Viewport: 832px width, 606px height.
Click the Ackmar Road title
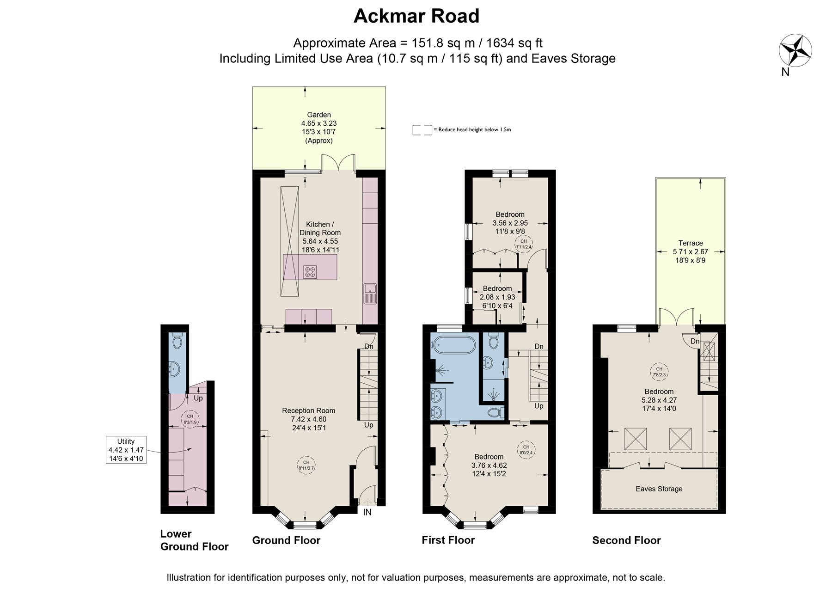[416, 16]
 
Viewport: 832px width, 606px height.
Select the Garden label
[319, 115]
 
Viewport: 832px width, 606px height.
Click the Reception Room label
[309, 410]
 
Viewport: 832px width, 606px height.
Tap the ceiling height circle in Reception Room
[306, 465]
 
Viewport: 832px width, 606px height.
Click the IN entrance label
[367, 512]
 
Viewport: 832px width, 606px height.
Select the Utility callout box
[126, 450]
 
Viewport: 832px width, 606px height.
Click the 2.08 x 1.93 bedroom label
[497, 297]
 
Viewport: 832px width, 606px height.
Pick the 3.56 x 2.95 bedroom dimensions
[510, 223]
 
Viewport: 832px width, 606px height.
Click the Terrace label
[691, 243]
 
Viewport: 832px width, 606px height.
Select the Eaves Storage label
[659, 489]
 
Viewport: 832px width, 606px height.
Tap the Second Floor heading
[627, 540]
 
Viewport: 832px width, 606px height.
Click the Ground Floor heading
[286, 540]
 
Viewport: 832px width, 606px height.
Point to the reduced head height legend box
[422, 130]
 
